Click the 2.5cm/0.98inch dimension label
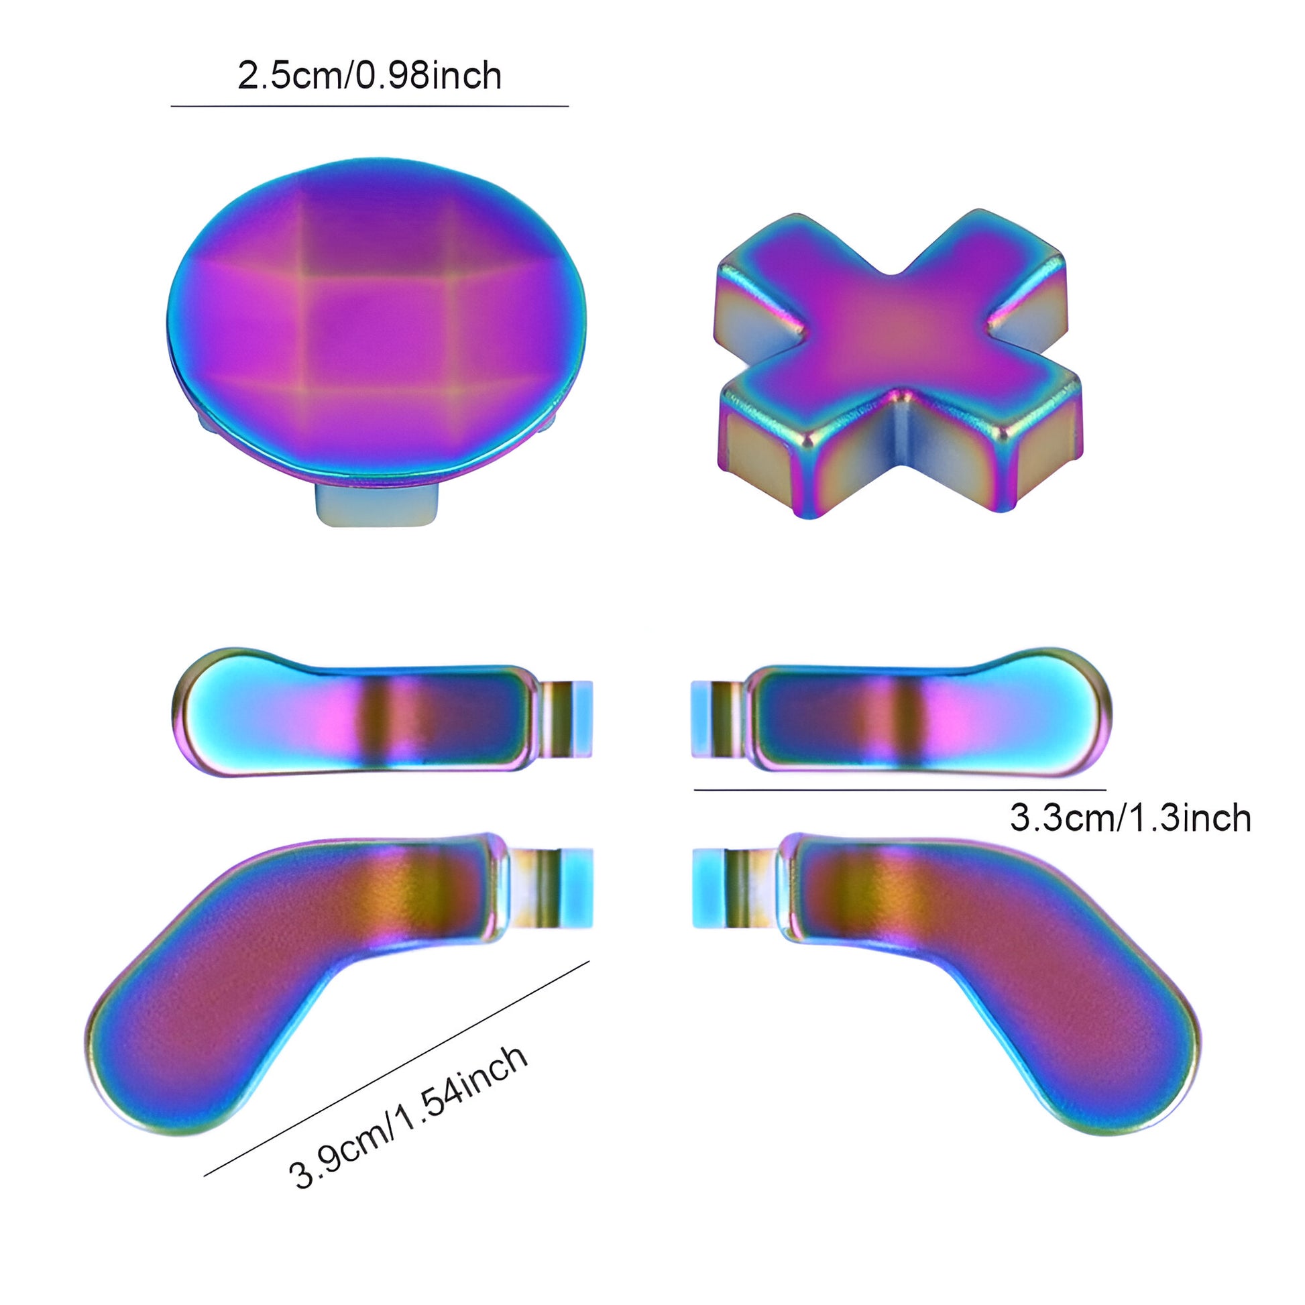(x=370, y=76)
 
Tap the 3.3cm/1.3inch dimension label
(x=1130, y=818)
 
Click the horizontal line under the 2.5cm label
(x=370, y=106)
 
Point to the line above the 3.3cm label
(x=901, y=789)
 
